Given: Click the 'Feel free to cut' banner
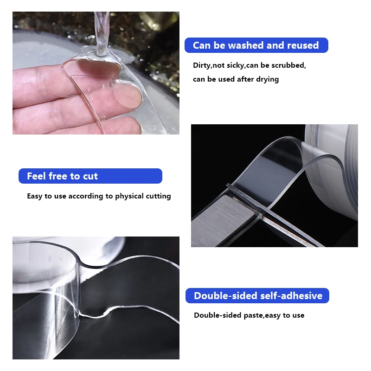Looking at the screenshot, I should [x=90, y=176].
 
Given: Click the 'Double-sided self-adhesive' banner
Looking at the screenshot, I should [x=257, y=296].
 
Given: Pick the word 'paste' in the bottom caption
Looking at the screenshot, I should [x=253, y=315].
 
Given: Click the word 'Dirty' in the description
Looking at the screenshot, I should [x=202, y=65].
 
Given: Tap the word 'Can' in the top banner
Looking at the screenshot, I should [x=201, y=45].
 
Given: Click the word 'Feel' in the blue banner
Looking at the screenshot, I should [x=36, y=176].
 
